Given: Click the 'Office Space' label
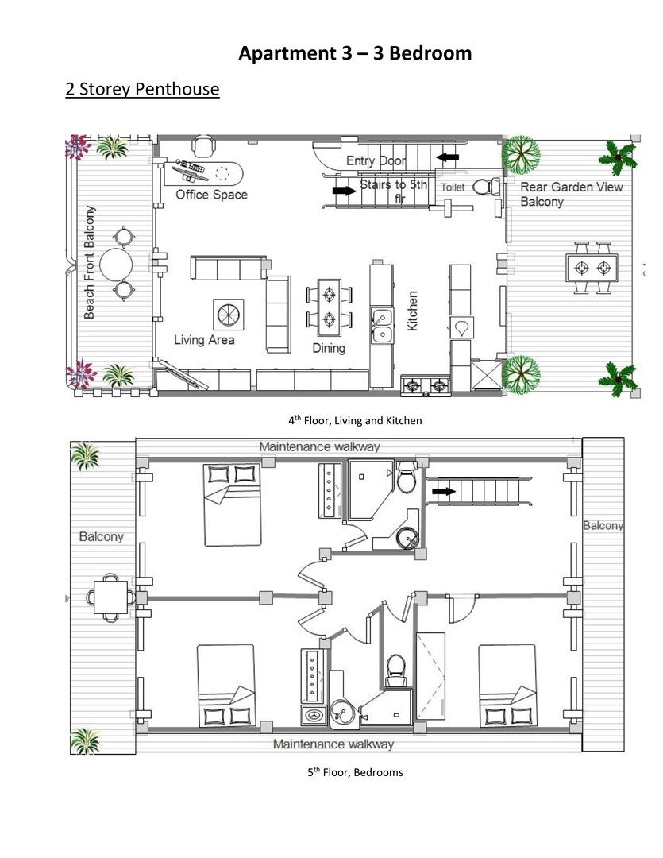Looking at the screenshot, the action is pos(212,195).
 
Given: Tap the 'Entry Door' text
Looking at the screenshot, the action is pos(376,160).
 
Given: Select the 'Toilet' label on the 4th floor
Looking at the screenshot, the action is pos(453,187).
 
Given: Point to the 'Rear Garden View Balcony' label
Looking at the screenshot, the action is pos(571,195).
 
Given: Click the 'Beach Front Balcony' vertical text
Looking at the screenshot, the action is pos(89,263).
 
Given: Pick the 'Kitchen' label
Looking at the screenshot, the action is pos(412,311).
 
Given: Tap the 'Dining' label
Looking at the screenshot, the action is pos(328,348).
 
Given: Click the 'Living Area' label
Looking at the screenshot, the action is pos(204,340).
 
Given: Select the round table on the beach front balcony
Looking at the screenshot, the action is pos(116,265).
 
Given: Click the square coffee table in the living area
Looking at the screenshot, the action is pos(228,315).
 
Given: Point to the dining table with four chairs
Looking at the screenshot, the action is pos(330,307).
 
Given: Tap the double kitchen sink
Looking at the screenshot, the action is pos(382,326).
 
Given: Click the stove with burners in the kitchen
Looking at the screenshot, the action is pos(426,386).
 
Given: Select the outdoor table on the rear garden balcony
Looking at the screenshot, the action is pos(592,269).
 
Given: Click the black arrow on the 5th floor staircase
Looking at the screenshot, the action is pos(444,492).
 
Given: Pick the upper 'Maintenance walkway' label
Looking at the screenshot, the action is pos(319,446).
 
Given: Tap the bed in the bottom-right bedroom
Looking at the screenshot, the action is pos(507,686).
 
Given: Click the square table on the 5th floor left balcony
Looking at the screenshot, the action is pos(111,597).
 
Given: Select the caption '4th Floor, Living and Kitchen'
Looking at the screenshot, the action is pos(355,421).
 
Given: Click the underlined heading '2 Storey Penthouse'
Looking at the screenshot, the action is pos(142,89).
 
